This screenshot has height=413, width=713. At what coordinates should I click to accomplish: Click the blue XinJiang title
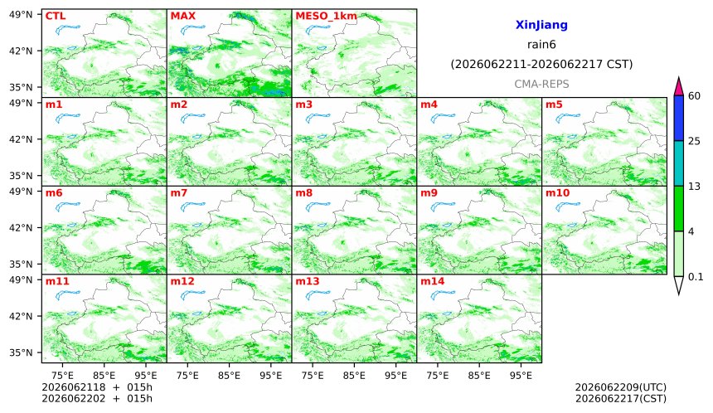click(541, 25)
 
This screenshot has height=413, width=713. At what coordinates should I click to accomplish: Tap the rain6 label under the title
click(541, 45)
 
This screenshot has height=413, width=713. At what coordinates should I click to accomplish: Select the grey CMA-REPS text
click(541, 84)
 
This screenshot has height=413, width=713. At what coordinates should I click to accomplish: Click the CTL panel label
click(56, 16)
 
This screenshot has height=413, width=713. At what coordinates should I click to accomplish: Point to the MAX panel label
click(182, 16)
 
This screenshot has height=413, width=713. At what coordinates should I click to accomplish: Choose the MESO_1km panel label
click(326, 17)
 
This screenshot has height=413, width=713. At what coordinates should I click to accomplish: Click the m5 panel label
click(554, 104)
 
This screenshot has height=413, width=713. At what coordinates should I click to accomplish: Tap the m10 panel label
click(557, 193)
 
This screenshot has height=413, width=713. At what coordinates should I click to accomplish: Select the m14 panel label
click(432, 281)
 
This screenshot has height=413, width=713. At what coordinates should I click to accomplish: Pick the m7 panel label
click(179, 193)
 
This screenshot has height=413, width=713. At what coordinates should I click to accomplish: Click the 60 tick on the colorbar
click(694, 96)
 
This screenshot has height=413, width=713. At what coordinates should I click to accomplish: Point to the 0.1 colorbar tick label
click(696, 276)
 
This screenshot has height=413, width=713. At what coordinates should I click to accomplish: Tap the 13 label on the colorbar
click(694, 186)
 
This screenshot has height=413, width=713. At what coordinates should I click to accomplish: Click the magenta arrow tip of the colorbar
click(678, 78)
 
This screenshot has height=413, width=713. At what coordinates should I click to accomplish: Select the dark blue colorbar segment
click(678, 119)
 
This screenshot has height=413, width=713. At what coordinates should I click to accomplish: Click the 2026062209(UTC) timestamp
click(621, 387)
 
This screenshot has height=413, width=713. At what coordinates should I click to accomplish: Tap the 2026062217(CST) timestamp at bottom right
click(621, 399)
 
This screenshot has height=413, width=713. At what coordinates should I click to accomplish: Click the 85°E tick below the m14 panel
click(479, 376)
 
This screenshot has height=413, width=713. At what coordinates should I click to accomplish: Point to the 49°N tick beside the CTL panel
click(21, 15)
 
